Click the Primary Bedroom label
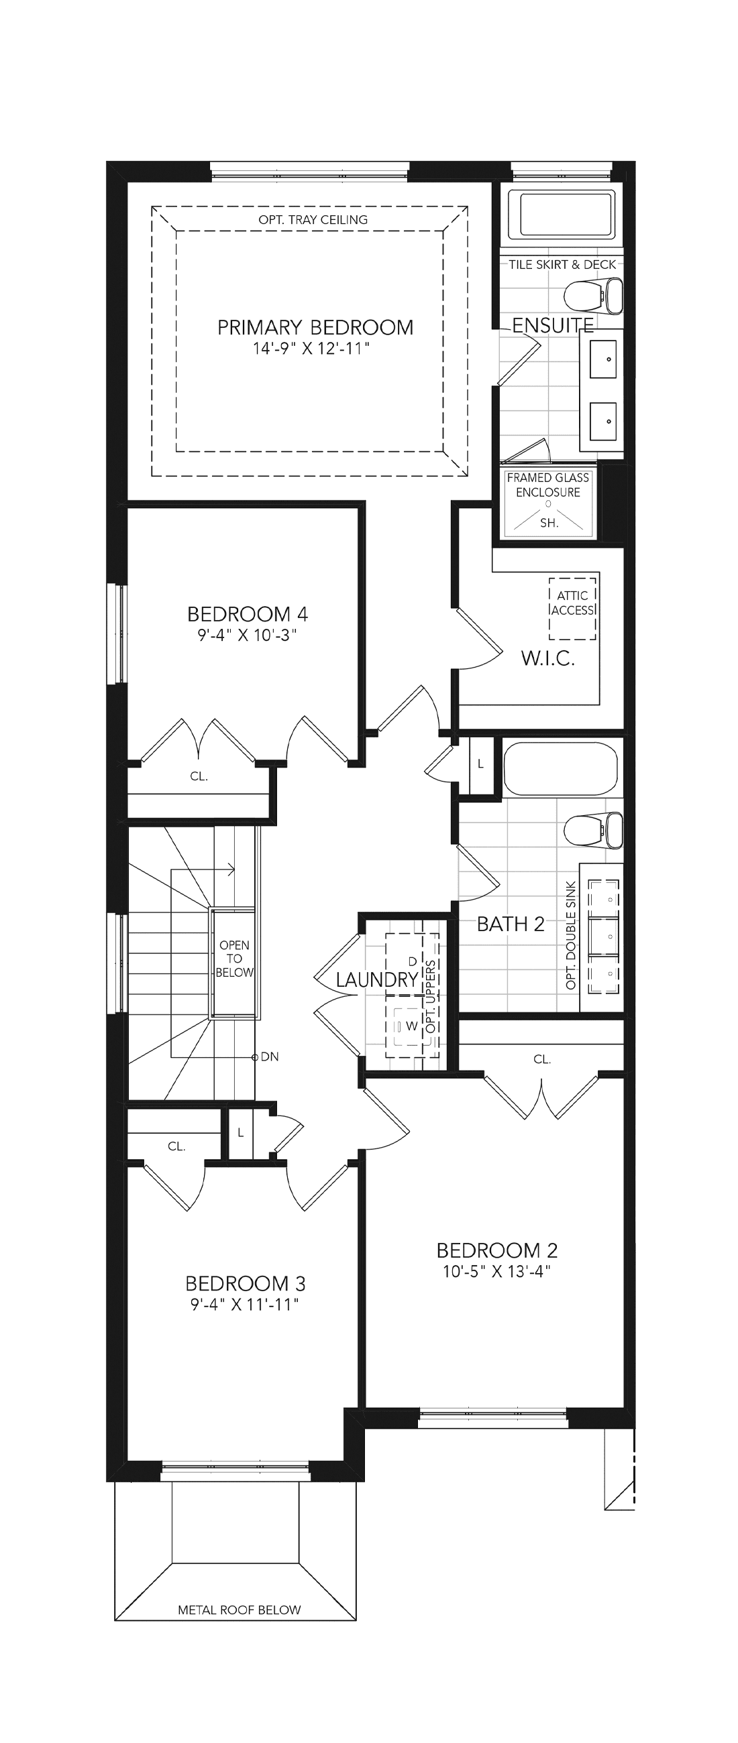[315, 328]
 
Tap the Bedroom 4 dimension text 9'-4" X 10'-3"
[248, 636]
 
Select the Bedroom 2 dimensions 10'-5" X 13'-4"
[497, 1272]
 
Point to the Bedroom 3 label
[245, 1284]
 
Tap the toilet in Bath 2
[594, 830]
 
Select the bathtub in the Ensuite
[567, 214]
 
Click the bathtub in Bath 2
[561, 769]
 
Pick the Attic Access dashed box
[573, 607]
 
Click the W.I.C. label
[547, 658]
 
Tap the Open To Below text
[234, 959]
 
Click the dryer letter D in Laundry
[413, 961]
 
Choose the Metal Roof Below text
[239, 1610]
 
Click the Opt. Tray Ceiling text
[313, 220]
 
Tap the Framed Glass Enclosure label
[548, 485]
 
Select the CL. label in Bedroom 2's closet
[542, 1060]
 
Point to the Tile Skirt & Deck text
[563, 265]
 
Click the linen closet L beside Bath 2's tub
[481, 764]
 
